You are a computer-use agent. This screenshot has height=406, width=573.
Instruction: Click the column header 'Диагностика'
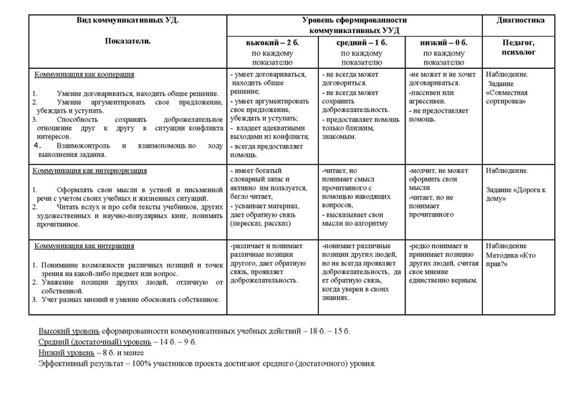520,20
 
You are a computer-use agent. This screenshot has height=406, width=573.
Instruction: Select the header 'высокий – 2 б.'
271,43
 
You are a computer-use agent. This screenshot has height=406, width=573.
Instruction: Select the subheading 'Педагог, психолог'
520,48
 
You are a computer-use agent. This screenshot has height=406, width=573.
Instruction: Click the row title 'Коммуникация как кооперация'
78,75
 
